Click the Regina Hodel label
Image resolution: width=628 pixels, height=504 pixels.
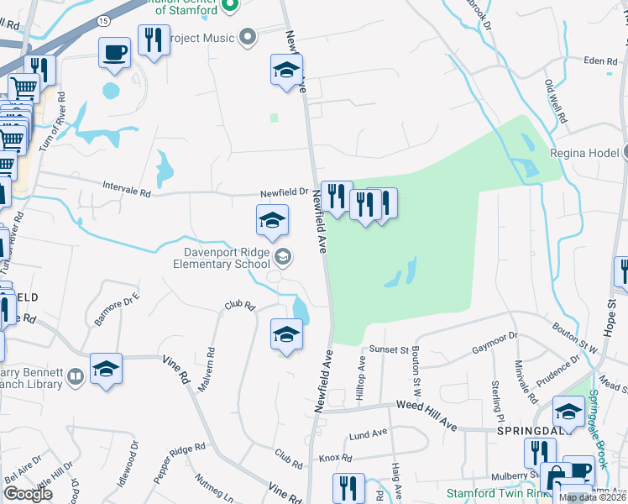click(584, 154)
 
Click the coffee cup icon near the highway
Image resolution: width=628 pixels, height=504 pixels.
click(114, 53)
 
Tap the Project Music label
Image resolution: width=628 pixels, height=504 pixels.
click(199, 37)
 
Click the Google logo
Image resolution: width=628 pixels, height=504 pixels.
click(27, 493)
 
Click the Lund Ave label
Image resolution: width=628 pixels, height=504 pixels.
click(368, 435)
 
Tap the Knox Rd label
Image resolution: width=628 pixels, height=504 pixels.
click(335, 459)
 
